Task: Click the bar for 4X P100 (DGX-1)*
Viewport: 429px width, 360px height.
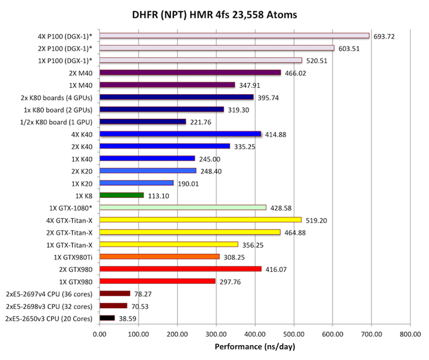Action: (x=235, y=36)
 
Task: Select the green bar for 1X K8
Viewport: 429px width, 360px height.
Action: (x=122, y=195)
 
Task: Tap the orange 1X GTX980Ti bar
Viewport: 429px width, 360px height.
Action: (x=160, y=256)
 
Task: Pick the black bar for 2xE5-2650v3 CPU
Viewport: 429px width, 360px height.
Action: (x=107, y=318)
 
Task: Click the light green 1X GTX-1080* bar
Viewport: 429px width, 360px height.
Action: (x=183, y=207)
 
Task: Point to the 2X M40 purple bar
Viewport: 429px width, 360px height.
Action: (x=190, y=73)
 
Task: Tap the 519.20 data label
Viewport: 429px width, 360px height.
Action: (x=317, y=220)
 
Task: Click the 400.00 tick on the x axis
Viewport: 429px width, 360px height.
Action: (x=254, y=334)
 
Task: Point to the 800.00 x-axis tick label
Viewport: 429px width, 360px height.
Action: (x=409, y=334)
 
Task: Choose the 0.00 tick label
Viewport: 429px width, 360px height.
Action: (x=100, y=334)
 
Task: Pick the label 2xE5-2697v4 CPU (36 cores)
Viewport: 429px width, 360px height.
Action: (x=49, y=293)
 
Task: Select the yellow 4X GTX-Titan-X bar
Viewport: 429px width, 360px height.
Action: (x=201, y=220)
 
